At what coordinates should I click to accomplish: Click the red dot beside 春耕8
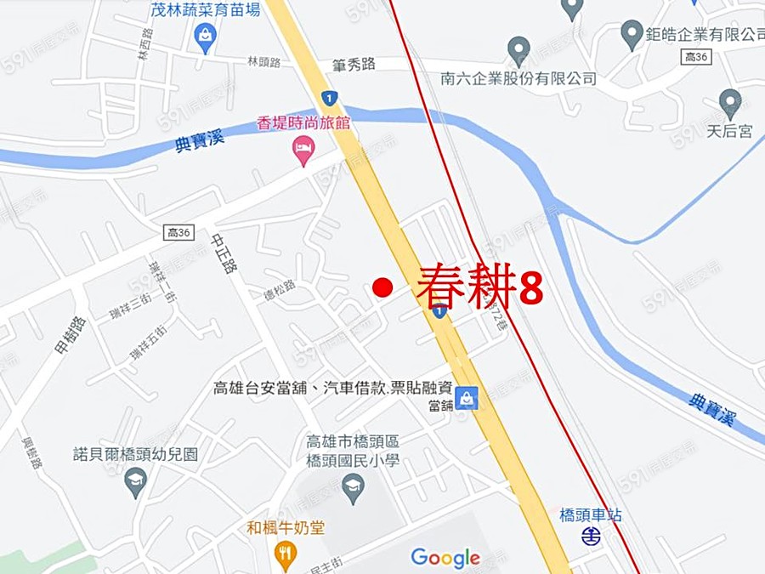click(382, 288)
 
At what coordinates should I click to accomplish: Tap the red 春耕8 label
click(479, 287)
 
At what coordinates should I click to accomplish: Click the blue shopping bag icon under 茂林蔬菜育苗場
click(205, 37)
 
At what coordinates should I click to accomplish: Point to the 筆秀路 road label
click(354, 65)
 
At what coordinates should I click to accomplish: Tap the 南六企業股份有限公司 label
click(518, 78)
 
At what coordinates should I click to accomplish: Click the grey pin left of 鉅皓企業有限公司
click(631, 35)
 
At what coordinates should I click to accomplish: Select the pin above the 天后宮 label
click(729, 103)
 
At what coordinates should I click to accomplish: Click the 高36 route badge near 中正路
click(178, 232)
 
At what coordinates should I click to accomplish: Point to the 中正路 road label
click(224, 254)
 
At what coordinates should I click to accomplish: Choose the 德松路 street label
click(279, 287)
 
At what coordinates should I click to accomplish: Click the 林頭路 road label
click(263, 62)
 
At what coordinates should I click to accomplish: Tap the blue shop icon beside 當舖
click(466, 397)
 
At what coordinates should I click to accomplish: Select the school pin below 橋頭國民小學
click(352, 487)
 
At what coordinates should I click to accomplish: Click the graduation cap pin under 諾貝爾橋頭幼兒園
click(135, 482)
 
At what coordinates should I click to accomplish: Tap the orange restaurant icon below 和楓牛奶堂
click(286, 554)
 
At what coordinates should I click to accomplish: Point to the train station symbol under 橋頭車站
click(591, 536)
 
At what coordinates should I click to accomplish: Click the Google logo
click(445, 558)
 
